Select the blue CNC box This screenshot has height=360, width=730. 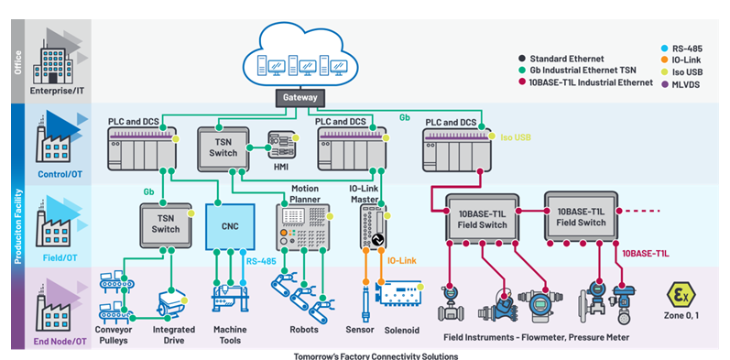(x=230, y=226)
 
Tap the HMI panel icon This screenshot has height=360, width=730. (x=281, y=145)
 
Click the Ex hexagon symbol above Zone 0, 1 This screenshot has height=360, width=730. (x=681, y=294)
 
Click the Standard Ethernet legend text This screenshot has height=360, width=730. (x=567, y=59)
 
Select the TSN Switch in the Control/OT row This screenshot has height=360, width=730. (x=223, y=148)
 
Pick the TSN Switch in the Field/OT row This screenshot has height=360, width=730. (x=165, y=225)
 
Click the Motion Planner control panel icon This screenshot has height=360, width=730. (x=303, y=226)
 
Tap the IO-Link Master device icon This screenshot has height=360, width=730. (x=373, y=227)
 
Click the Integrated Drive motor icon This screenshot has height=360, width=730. (x=172, y=304)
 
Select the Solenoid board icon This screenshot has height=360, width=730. (x=398, y=293)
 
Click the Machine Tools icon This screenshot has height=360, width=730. (x=230, y=298)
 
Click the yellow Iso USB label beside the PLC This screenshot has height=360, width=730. (x=516, y=137)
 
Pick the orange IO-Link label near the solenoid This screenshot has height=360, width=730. (x=402, y=260)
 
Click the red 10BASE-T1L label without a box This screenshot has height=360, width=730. (x=645, y=254)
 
